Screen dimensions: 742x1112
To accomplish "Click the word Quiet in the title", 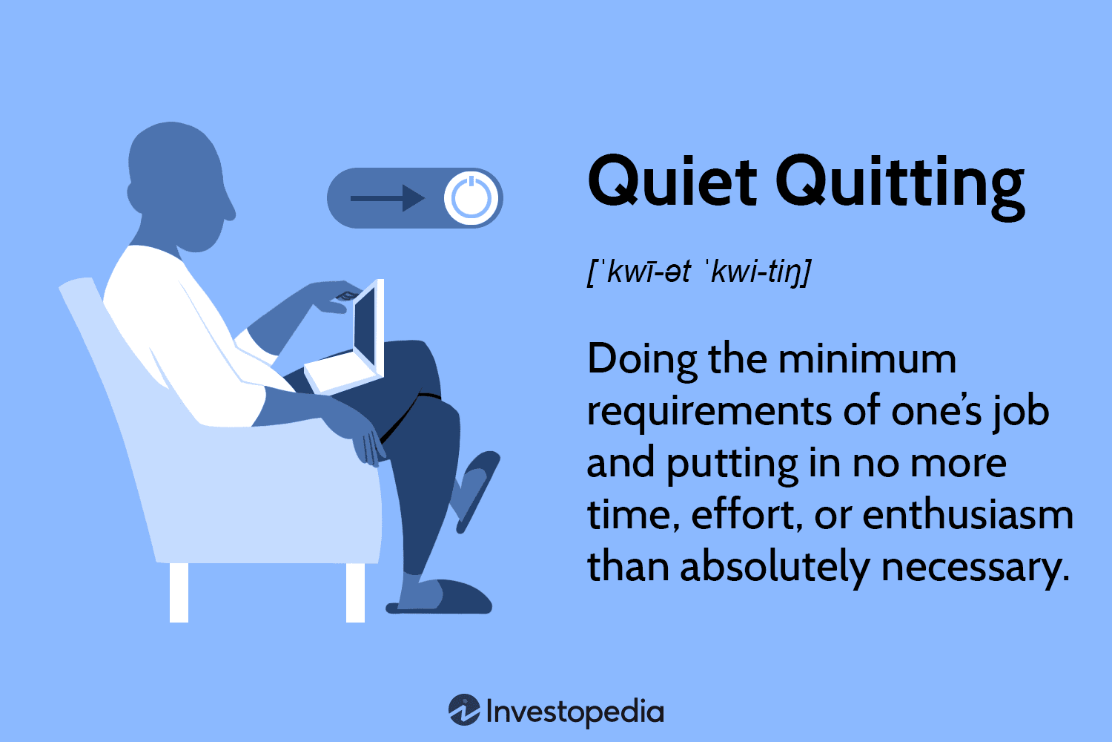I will [672, 182].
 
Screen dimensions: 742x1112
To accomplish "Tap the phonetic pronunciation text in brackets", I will [698, 272].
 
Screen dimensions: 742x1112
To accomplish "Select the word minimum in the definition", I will [867, 359].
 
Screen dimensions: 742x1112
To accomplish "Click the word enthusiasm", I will [968, 515].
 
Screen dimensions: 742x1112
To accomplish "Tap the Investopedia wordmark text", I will [575, 712].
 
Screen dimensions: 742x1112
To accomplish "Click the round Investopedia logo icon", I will [464, 710].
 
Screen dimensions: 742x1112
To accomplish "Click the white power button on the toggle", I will [471, 198].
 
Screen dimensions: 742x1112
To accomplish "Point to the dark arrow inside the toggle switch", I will [387, 198].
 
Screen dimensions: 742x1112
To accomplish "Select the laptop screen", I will [368, 326].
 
